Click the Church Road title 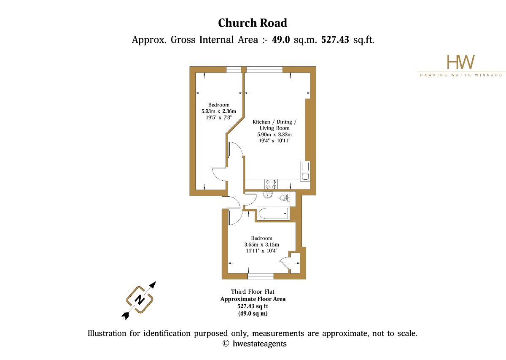tap(253, 23)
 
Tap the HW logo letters tap(460, 62)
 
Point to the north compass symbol tap(140, 300)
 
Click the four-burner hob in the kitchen tap(271, 184)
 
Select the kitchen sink tap(305, 171)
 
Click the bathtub tap(273, 214)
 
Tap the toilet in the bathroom tap(284, 198)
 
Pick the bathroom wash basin tap(268, 195)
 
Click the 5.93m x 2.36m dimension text tap(219, 111)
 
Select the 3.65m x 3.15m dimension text tap(261, 245)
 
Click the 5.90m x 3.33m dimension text tap(275, 135)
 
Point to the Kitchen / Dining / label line tap(275, 122)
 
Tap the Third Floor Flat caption tap(253, 292)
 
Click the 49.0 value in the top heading tap(281, 40)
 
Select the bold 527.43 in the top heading tap(335, 40)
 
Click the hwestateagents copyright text tap(260, 344)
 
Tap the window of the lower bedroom tap(261, 276)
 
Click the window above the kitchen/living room tap(264, 69)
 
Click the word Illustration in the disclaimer tap(107, 333)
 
